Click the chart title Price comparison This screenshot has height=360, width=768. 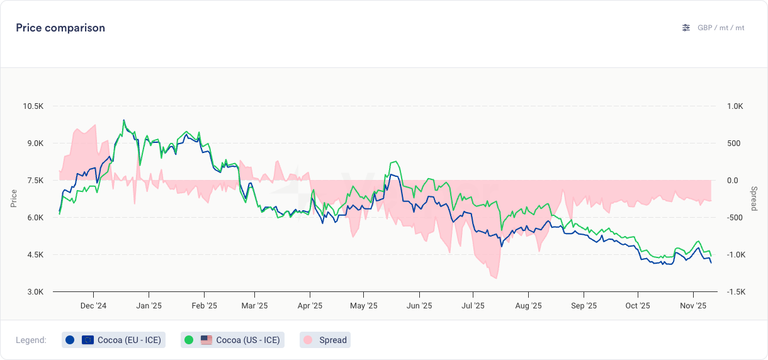(60, 28)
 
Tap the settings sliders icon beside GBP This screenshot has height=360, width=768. (686, 28)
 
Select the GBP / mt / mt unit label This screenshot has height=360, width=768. (721, 28)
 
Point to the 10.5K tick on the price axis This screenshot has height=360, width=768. (33, 106)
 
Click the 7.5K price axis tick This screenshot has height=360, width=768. (34, 181)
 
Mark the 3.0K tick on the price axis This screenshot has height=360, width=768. (34, 292)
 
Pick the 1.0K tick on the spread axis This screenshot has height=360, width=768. (734, 106)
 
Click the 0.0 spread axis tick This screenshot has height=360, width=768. (732, 181)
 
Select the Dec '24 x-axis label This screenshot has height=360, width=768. (93, 307)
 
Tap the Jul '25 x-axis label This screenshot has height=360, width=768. (473, 307)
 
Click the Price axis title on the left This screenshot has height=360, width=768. (14, 198)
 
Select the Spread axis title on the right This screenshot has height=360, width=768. (754, 198)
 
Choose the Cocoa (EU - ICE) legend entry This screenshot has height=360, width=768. (114, 340)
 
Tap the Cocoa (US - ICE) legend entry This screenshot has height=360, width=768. (232, 340)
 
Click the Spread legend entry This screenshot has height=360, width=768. (325, 340)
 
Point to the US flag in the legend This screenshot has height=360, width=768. (206, 340)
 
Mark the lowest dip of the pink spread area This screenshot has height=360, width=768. (496, 278)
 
